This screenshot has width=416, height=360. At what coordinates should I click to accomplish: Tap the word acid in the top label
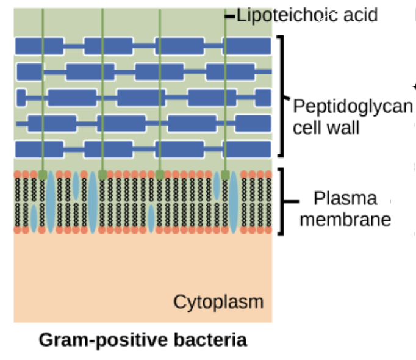(x=359, y=15)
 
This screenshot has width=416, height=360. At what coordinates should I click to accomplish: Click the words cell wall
(x=326, y=128)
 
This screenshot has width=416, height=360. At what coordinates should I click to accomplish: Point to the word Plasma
(x=337, y=199)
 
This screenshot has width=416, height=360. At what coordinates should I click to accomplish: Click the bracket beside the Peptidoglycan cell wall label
(x=282, y=96)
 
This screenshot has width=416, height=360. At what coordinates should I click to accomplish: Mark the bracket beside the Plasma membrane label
(x=282, y=201)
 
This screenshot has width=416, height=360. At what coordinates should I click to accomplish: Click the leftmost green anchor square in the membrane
(x=43, y=175)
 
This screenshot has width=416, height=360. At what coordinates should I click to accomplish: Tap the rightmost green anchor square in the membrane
(x=226, y=175)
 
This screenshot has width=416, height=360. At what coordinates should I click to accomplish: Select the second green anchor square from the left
(x=102, y=175)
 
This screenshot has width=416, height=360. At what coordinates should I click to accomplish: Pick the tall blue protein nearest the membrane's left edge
(x=50, y=202)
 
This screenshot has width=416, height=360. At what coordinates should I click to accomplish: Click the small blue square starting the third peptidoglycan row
(x=21, y=98)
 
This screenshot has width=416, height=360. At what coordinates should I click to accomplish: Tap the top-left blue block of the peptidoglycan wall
(x=39, y=46)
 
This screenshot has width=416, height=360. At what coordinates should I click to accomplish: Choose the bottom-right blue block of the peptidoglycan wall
(x=247, y=149)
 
